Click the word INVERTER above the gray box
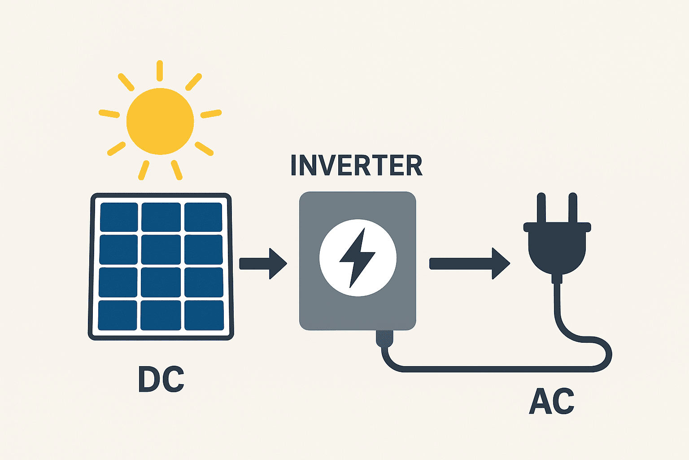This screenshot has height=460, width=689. click(357, 165)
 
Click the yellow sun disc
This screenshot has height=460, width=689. click(160, 121)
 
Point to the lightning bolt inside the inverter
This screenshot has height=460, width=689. click(357, 258)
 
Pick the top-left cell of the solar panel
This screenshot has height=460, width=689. click(119, 217)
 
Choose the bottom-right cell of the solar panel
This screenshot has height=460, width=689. click(204, 315)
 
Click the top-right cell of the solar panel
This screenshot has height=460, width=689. click(203, 217)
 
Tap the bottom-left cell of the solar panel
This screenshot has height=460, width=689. click(118, 315)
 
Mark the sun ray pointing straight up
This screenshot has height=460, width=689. click(160, 71)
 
